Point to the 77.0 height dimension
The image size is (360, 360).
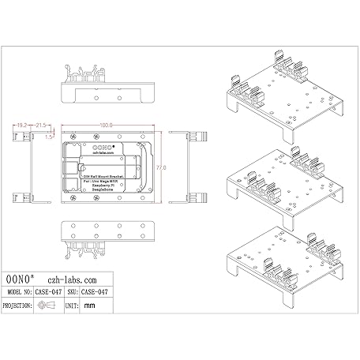[159, 167]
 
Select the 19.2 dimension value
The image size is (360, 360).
[21, 125]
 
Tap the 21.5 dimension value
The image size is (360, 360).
[41, 125]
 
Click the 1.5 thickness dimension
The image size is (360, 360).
[49, 137]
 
